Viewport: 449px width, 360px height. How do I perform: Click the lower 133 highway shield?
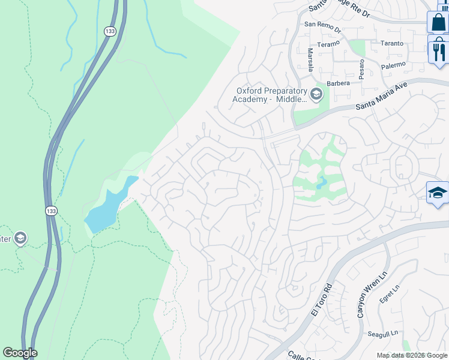[52, 211]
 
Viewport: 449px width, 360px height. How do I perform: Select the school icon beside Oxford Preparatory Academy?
[316, 94]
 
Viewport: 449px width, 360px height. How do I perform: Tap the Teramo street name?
[328, 43]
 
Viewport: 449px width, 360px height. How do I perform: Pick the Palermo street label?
[393, 64]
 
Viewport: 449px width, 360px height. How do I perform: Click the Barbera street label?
[338, 84]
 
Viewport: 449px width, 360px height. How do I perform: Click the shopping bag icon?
[438, 22]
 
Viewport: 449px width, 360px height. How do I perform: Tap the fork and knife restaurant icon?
[438, 50]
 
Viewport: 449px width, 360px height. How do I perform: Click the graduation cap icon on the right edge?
[438, 193]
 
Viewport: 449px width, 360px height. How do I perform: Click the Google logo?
[20, 353]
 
